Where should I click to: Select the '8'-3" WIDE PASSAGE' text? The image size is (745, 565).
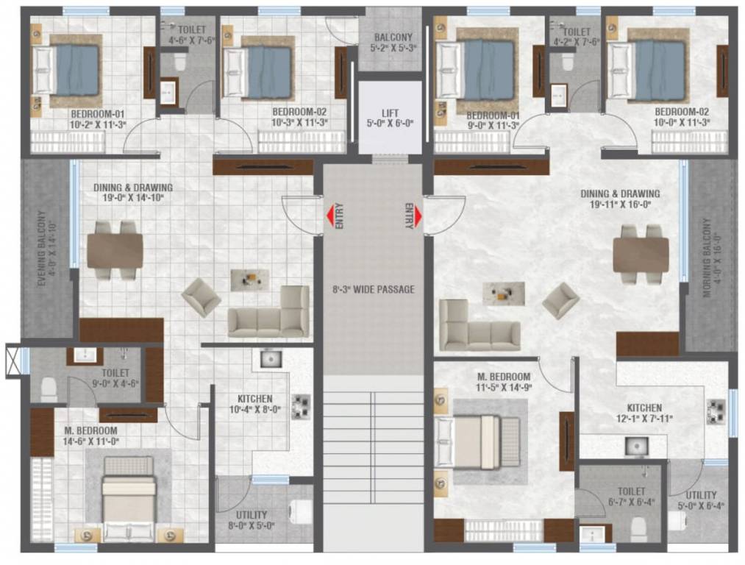pos(373,289)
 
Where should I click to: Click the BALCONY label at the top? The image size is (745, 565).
pos(393,38)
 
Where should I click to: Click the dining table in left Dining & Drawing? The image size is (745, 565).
pos(115,251)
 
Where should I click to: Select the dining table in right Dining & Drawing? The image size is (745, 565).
pos(641,255)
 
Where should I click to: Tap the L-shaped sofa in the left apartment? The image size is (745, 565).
pos(271,316)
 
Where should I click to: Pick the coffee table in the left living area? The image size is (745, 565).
pos(249,279)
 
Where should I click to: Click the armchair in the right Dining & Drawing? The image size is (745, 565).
pos(561,300)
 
